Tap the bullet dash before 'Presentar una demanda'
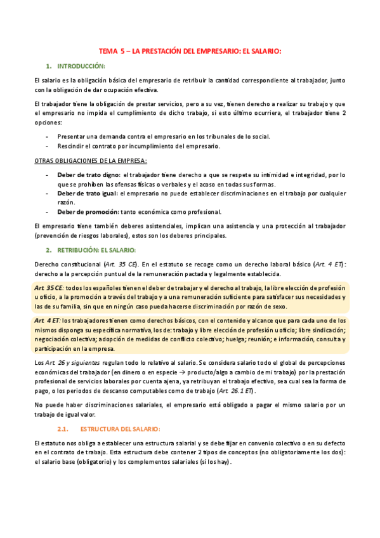[48, 136]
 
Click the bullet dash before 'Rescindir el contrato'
[48, 146]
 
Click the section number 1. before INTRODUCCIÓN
[48, 66]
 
